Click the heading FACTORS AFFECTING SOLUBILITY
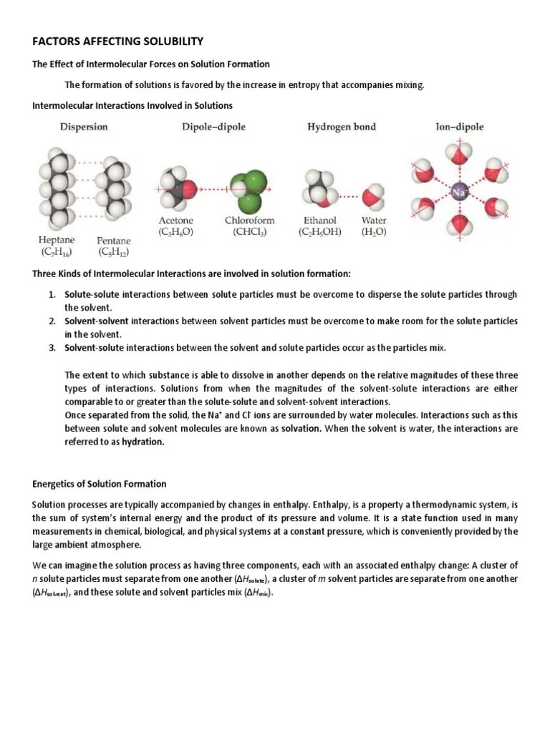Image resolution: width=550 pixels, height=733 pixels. (x=118, y=41)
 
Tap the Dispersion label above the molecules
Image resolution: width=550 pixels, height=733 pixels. (x=84, y=127)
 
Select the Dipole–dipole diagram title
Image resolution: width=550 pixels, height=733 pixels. (x=213, y=127)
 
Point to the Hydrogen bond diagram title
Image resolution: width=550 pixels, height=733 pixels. (x=342, y=127)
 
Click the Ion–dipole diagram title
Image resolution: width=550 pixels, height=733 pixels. (x=460, y=127)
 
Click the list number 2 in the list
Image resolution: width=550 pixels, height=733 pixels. (x=52, y=321)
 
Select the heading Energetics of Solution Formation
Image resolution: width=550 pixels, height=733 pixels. (x=100, y=484)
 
